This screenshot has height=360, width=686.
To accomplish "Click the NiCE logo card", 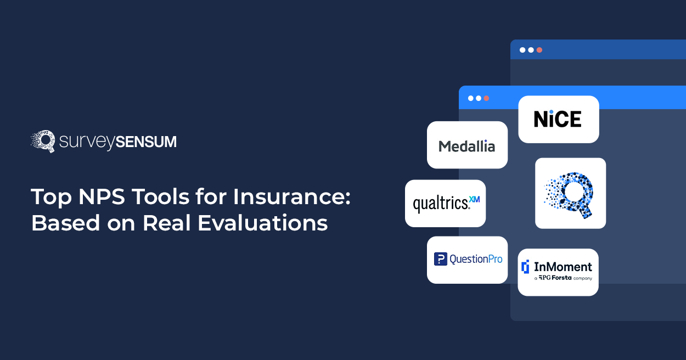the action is pos(559,119).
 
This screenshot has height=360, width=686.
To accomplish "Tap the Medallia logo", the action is pos(466,146).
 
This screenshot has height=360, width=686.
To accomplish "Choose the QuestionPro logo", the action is pos(468,259).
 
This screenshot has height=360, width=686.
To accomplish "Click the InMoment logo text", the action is pos(563,267).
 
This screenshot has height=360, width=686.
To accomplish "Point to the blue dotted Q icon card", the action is pos(570,193).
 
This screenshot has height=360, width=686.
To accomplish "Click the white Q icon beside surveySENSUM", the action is pos(43,141).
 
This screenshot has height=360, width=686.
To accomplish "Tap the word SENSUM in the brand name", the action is pos(146,142).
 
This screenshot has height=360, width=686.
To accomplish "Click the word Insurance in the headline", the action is pos(291,196).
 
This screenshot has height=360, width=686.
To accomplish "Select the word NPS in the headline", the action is pos(102,196).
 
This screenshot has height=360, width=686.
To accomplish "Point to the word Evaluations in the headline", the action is pos(263,223).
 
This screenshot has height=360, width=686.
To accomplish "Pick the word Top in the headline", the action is pos(51,198).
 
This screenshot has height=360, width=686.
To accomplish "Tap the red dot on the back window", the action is pos(539,50).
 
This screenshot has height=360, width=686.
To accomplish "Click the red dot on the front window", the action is pos(486,98).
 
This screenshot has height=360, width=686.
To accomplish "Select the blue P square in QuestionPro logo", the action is pos(440,259).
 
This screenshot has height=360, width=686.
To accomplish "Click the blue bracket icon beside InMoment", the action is pos(525,267).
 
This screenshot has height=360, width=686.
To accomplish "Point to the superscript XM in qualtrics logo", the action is pos(474,200).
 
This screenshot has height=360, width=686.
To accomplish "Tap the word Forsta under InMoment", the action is pos(561,278).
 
